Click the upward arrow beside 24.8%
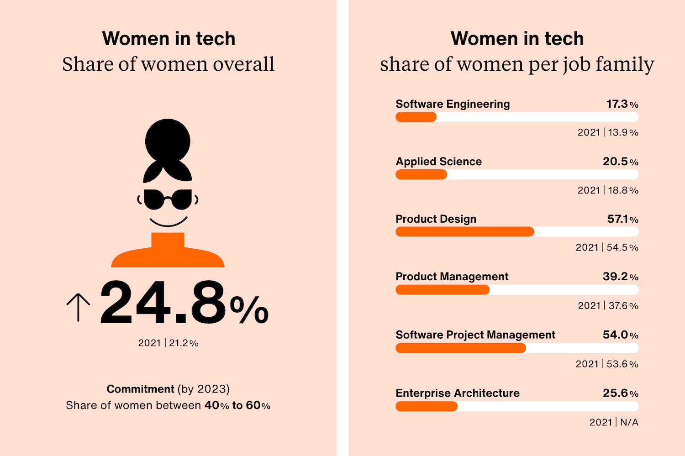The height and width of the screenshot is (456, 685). pos(78,307)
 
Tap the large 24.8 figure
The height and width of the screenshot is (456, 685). pos(163,303)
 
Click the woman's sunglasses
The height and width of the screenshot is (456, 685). pos(168,199)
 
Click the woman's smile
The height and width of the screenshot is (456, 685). pos(168,222)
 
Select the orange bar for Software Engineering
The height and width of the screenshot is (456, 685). pos(416,117)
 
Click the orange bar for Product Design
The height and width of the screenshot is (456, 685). pos(464,232)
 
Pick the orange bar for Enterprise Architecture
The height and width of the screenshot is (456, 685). pos(427,406)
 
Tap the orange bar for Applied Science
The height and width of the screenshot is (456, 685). pos(421,174)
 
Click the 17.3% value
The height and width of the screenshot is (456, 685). pos(622,104)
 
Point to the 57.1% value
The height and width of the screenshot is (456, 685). pos(622,219)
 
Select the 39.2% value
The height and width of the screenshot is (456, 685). pos(620,277)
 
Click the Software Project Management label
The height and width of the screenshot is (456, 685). pos(475,335)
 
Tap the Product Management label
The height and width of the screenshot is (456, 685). pos(452,277)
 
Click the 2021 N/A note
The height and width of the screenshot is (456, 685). pos(614,422)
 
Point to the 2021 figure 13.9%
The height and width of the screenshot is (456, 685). pos(608,132)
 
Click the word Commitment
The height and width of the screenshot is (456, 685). pos(140,389)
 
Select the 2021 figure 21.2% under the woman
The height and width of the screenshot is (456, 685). pos(168,343)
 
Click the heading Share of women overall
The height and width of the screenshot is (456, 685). pos(168,64)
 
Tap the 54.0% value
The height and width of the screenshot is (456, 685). pos(620,335)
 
